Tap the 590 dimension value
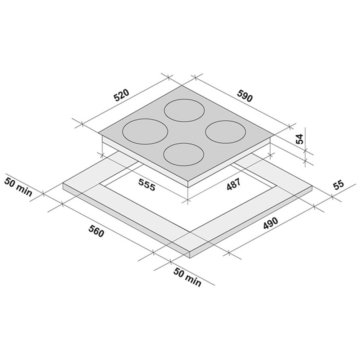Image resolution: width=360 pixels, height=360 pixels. tap(245, 96)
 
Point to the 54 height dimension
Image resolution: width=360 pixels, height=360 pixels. tap(300, 139)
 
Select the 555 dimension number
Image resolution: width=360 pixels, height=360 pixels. tap(147, 184)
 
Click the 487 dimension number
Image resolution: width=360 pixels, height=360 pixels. tap(233, 184)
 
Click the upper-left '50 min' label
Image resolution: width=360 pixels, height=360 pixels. tap(18, 187)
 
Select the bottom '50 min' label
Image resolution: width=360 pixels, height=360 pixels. tap(187, 277)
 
